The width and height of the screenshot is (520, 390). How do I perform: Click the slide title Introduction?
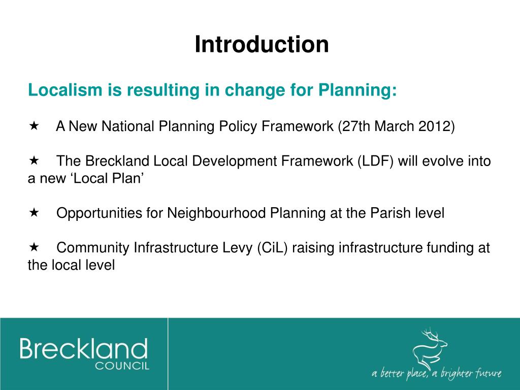[262, 45]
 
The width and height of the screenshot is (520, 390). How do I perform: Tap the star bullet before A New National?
[34, 125]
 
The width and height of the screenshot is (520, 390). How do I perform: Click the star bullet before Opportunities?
[34, 212]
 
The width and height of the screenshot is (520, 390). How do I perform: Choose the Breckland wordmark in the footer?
[84, 350]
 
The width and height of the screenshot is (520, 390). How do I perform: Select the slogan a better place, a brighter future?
[436, 374]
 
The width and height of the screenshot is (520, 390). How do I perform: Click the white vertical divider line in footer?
[168, 353]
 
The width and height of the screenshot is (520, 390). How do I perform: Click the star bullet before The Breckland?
[34, 160]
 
